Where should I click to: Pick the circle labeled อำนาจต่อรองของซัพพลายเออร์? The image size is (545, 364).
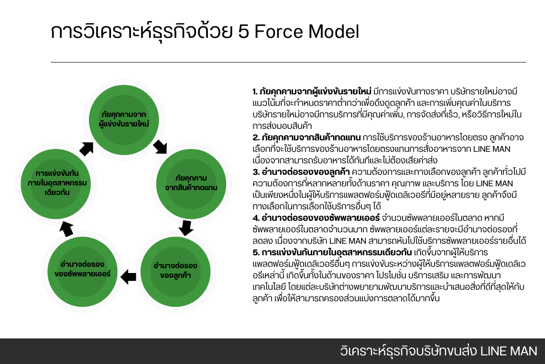click(x=83, y=270)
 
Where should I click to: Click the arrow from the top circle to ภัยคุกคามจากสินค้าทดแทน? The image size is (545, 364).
click(x=161, y=146)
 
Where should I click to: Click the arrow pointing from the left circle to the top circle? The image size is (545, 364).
click(x=87, y=148)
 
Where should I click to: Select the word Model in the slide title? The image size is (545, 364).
click(x=333, y=32)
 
